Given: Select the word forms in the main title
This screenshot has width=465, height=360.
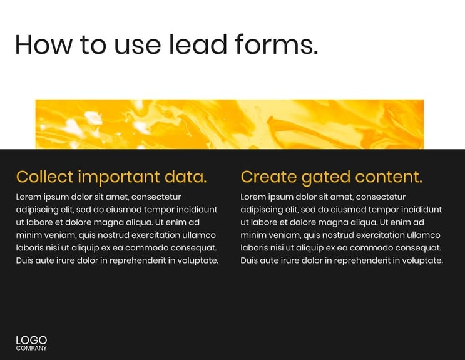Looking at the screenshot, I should pos(276,44).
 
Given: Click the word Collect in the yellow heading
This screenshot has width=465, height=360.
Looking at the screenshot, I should pos(44,177).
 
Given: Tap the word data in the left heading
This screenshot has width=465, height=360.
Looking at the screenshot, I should pos(185,177).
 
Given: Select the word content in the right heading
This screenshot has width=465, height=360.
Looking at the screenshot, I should pos(389,177).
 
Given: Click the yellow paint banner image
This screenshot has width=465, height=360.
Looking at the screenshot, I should pos(229,124).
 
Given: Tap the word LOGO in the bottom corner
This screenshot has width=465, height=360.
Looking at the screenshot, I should pos(31,340).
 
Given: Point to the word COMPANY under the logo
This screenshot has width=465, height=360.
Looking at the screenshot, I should pos(31,348).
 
